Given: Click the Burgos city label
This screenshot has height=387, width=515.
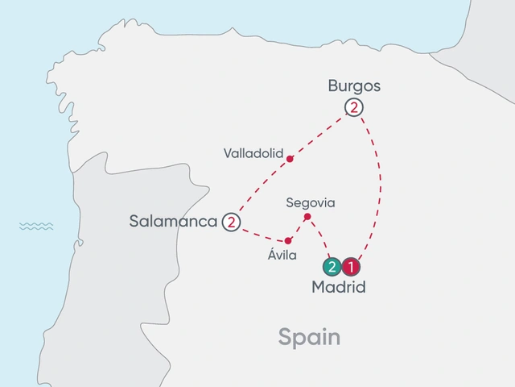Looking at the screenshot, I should point(354,85).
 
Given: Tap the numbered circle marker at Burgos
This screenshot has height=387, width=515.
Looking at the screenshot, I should point(352,107).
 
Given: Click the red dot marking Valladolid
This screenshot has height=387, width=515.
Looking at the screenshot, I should point(290,158).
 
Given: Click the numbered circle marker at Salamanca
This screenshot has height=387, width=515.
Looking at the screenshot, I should point(232,222).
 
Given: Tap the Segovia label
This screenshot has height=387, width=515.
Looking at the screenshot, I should point(311,202).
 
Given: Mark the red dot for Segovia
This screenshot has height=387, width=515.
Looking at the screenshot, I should point(307,216).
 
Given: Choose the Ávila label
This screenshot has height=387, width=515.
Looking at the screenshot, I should point(282,256).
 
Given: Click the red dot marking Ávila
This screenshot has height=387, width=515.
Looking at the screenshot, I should point(288,240).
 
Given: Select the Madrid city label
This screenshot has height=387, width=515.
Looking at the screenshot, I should point(338,287).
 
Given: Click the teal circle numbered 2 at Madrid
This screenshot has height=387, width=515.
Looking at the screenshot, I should point(331,266).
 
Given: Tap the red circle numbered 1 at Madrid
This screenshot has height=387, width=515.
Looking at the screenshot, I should point(351,266).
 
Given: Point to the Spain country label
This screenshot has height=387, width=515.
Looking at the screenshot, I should point(309,337).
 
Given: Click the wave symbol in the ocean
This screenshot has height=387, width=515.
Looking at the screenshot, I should point(36,226).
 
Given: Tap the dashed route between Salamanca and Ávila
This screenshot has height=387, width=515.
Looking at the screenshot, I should point(260,235).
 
